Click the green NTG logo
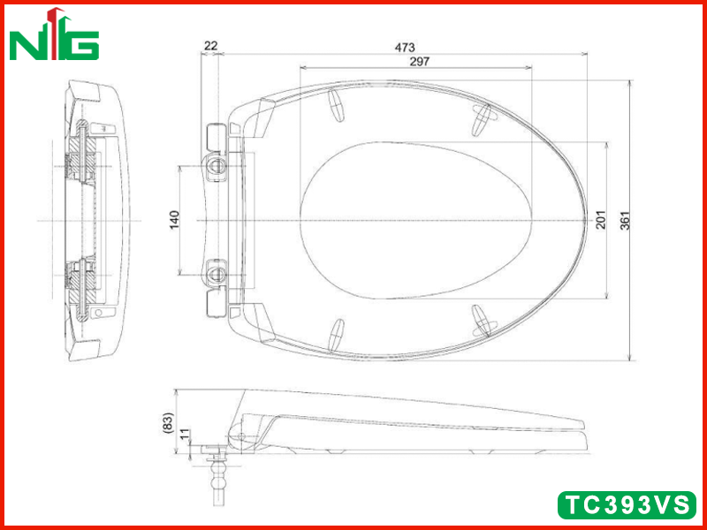54,34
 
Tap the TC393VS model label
627,504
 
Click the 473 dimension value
405,47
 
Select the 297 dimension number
419,61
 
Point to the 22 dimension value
211,46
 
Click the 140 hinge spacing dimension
174,219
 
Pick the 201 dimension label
601,219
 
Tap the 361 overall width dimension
625,220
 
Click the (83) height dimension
167,423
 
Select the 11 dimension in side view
185,435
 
